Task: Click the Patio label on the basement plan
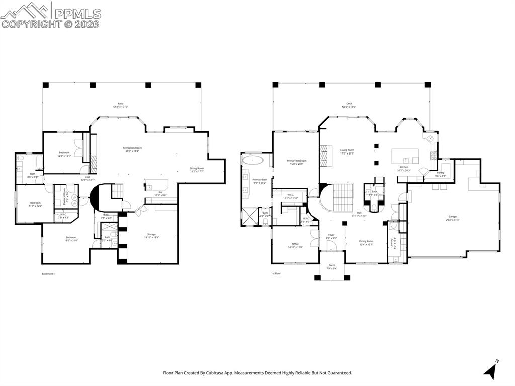click(x=121, y=104)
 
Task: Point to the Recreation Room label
click(x=132, y=148)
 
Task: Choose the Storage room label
click(x=151, y=234)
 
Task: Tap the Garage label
click(x=453, y=217)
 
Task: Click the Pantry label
click(x=441, y=173)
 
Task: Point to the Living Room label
click(x=347, y=150)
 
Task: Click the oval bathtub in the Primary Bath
click(x=252, y=160)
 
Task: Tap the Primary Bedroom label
click(x=296, y=161)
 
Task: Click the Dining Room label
click(x=366, y=241)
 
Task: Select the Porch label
click(x=332, y=265)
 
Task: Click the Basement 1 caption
click(x=48, y=274)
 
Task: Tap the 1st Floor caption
click(x=276, y=274)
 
